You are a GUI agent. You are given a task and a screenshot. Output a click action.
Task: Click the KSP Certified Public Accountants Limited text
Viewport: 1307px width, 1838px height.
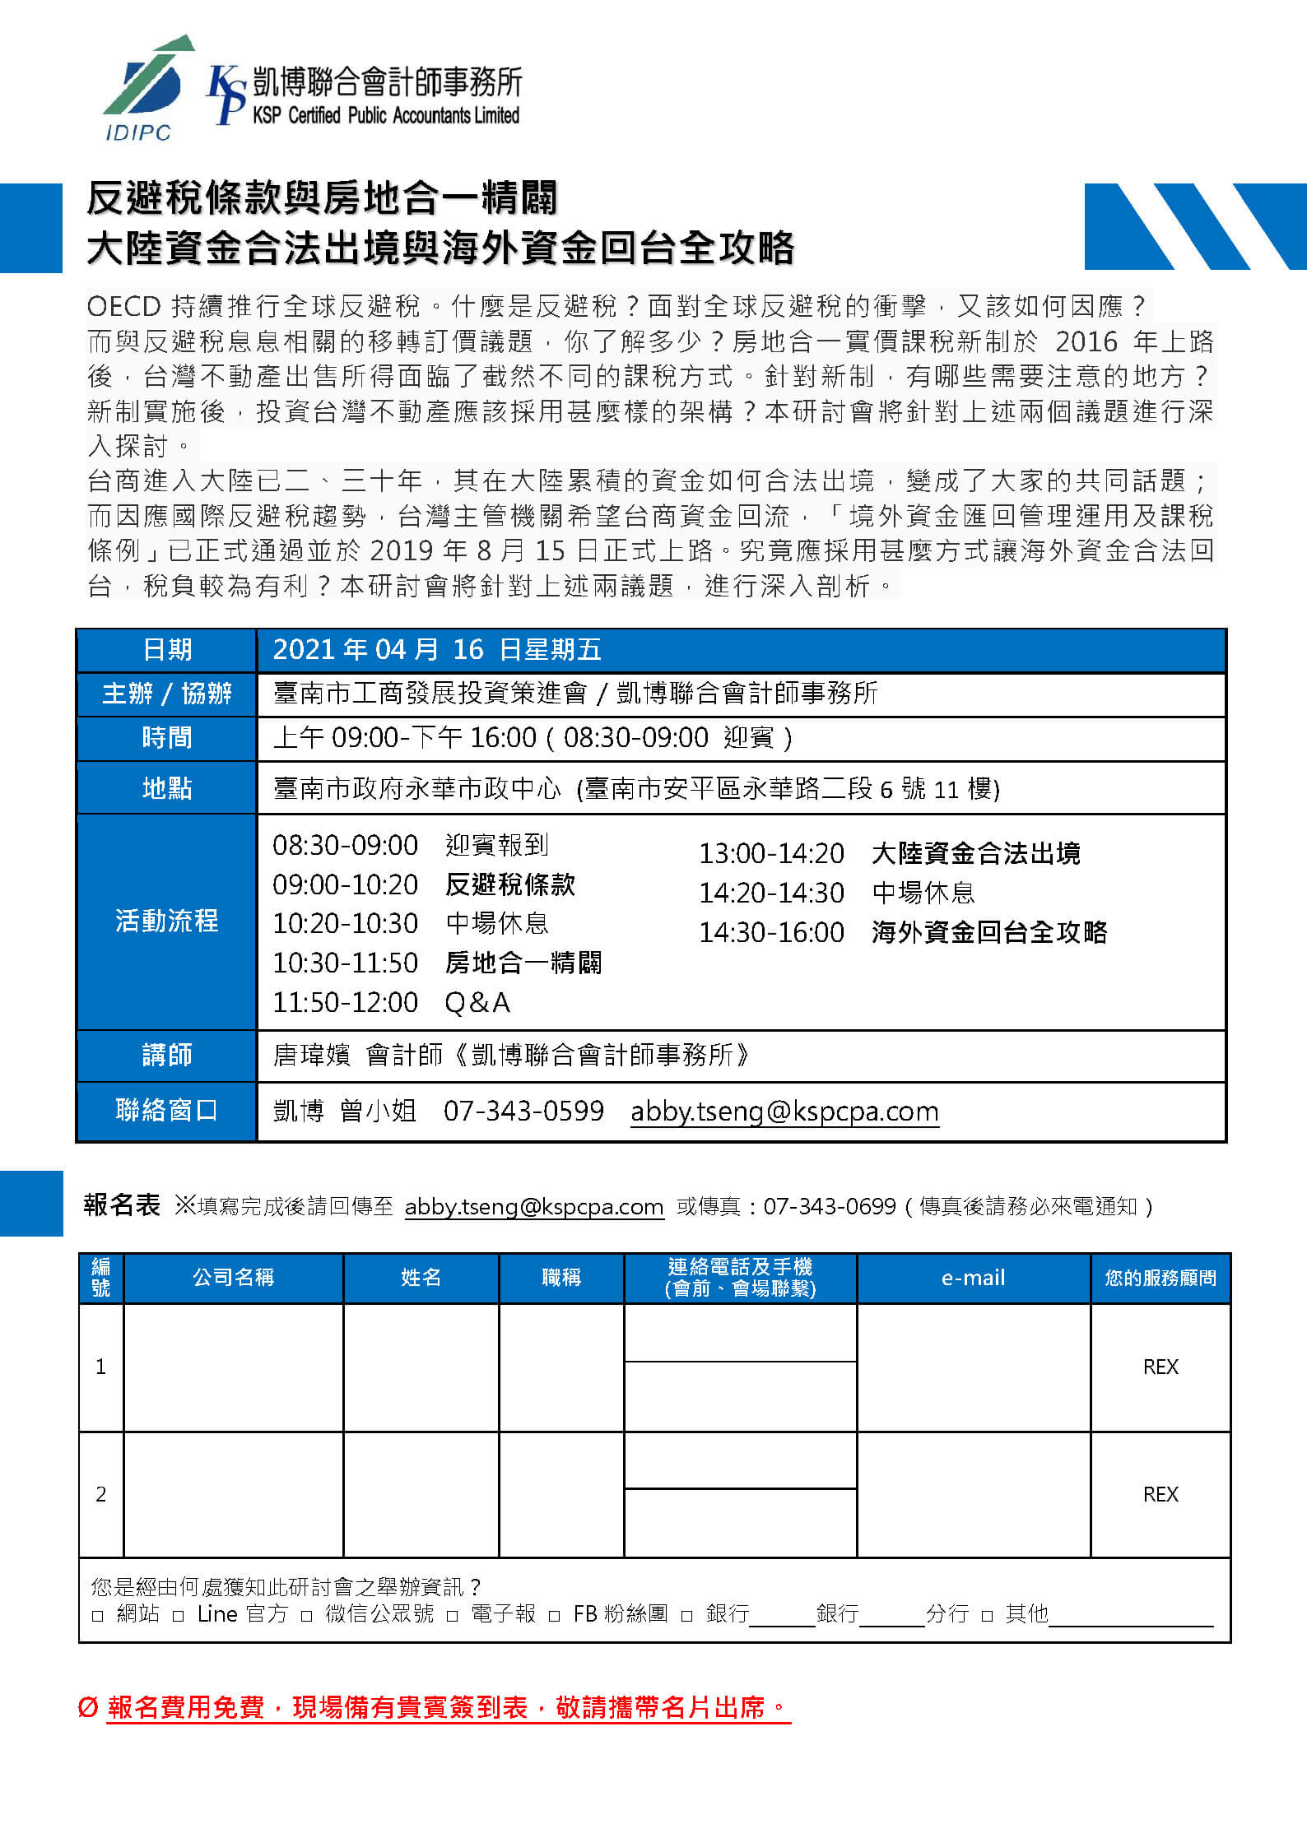(386, 116)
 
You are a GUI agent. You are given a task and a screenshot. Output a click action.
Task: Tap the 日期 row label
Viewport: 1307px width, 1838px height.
(167, 650)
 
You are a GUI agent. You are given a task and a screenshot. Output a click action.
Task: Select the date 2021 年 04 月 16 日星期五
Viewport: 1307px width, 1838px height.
(436, 650)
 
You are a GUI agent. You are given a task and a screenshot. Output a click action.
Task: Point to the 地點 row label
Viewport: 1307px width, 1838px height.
(167, 788)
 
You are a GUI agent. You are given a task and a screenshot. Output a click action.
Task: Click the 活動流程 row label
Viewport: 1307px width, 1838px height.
(167, 921)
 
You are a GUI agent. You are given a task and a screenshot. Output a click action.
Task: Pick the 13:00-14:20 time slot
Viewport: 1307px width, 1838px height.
(771, 854)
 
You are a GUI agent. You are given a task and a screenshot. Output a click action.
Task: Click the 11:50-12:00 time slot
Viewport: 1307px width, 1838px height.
(345, 1002)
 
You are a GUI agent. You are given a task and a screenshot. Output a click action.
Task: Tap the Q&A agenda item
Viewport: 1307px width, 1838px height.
(477, 1002)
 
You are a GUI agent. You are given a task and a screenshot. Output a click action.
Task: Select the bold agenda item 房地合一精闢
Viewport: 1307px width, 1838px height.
(523, 963)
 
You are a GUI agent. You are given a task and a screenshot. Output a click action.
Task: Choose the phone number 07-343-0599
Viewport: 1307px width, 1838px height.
(523, 1111)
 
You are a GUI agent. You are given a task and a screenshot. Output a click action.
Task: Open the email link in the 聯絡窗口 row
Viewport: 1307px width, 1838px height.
(784, 1112)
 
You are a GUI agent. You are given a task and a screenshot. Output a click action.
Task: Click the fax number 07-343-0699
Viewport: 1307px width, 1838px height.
(830, 1207)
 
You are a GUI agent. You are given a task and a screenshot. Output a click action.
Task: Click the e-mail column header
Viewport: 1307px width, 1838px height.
(973, 1278)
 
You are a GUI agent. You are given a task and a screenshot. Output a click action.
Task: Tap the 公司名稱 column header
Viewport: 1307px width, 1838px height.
(233, 1278)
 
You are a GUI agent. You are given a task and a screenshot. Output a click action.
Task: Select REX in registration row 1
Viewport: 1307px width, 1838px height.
(1160, 1367)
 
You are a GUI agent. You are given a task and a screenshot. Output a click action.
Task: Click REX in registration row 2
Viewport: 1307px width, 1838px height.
(1160, 1494)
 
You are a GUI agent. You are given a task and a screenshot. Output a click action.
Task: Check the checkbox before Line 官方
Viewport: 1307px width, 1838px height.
(179, 1616)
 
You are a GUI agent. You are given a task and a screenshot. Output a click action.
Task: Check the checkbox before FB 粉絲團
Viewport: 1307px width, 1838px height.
(555, 1616)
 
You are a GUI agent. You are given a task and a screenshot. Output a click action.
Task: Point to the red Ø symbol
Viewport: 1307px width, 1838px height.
(88, 1707)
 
